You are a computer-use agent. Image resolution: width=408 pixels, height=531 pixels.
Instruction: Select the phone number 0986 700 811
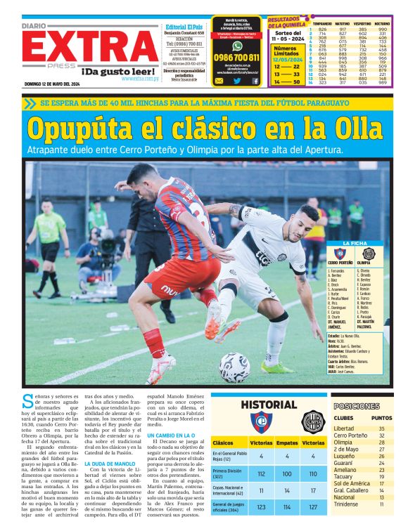(236, 58)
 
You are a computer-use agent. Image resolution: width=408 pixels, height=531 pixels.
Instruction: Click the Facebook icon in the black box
(255, 81)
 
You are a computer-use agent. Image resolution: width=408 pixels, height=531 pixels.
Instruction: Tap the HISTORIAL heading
(269, 405)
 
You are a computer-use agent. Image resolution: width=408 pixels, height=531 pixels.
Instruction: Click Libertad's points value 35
(382, 428)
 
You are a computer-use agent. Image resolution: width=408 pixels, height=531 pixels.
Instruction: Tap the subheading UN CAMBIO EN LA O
(170, 435)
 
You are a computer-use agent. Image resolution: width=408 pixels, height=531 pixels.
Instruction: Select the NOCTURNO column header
(383, 23)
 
